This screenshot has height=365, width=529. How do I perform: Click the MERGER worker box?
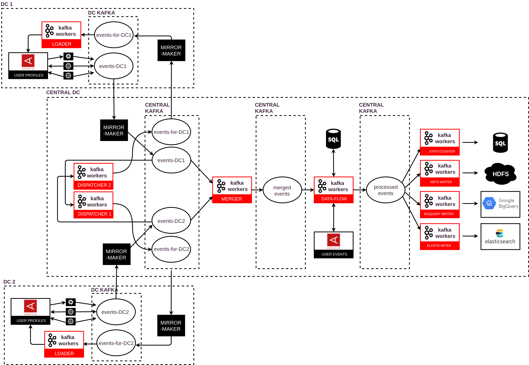pyautogui.click(x=232, y=190)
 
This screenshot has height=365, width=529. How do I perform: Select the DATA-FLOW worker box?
pyautogui.click(x=334, y=190)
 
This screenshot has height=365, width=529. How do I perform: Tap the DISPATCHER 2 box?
pyautogui.click(x=93, y=176)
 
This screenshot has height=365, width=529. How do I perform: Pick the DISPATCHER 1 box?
pyautogui.click(x=93, y=205)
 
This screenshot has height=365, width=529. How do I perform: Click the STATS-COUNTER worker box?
pyautogui.click(x=440, y=142)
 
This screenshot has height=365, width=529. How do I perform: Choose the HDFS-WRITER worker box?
pyautogui.click(x=440, y=173)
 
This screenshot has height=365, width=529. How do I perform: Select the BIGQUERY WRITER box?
pyautogui.click(x=440, y=205)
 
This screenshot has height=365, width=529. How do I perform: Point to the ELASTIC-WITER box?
pyautogui.click(x=440, y=237)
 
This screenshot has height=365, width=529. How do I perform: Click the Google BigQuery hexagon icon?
pyautogui.click(x=489, y=203)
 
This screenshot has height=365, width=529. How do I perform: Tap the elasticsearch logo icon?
pyautogui.click(x=500, y=233)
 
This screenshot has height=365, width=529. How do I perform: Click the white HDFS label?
pyautogui.click(x=501, y=174)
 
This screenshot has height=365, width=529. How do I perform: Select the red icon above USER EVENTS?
pyautogui.click(x=334, y=241)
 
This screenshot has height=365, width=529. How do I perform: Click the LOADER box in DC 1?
pyautogui.click(x=61, y=35)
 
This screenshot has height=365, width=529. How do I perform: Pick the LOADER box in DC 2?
pyautogui.click(x=64, y=344)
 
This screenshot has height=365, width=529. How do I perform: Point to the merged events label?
pyautogui.click(x=282, y=191)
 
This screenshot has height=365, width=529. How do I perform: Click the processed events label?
pyautogui.click(x=385, y=190)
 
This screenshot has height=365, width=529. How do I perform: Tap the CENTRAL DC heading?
pyautogui.click(x=63, y=92)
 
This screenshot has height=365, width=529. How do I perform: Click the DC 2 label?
pyautogui.click(x=9, y=282)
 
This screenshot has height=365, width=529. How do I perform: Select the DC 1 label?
pyautogui.click(x=6, y=4)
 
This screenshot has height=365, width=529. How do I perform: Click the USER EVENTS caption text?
pyautogui.click(x=334, y=254)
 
